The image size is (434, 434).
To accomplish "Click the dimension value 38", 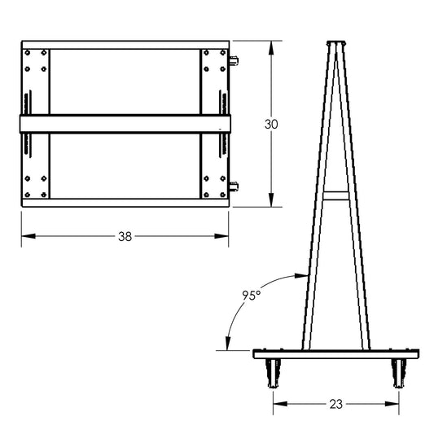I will (x=125, y=236).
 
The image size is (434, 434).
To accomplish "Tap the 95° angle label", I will (x=252, y=296).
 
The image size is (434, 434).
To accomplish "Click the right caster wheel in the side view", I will (x=399, y=373).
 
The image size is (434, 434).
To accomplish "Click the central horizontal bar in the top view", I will (x=125, y=123).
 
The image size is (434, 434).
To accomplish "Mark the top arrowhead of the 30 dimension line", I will (x=272, y=42).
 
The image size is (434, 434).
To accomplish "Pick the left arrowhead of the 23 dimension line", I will (x=278, y=402).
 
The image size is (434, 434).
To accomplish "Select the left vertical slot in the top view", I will (x=28, y=123).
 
